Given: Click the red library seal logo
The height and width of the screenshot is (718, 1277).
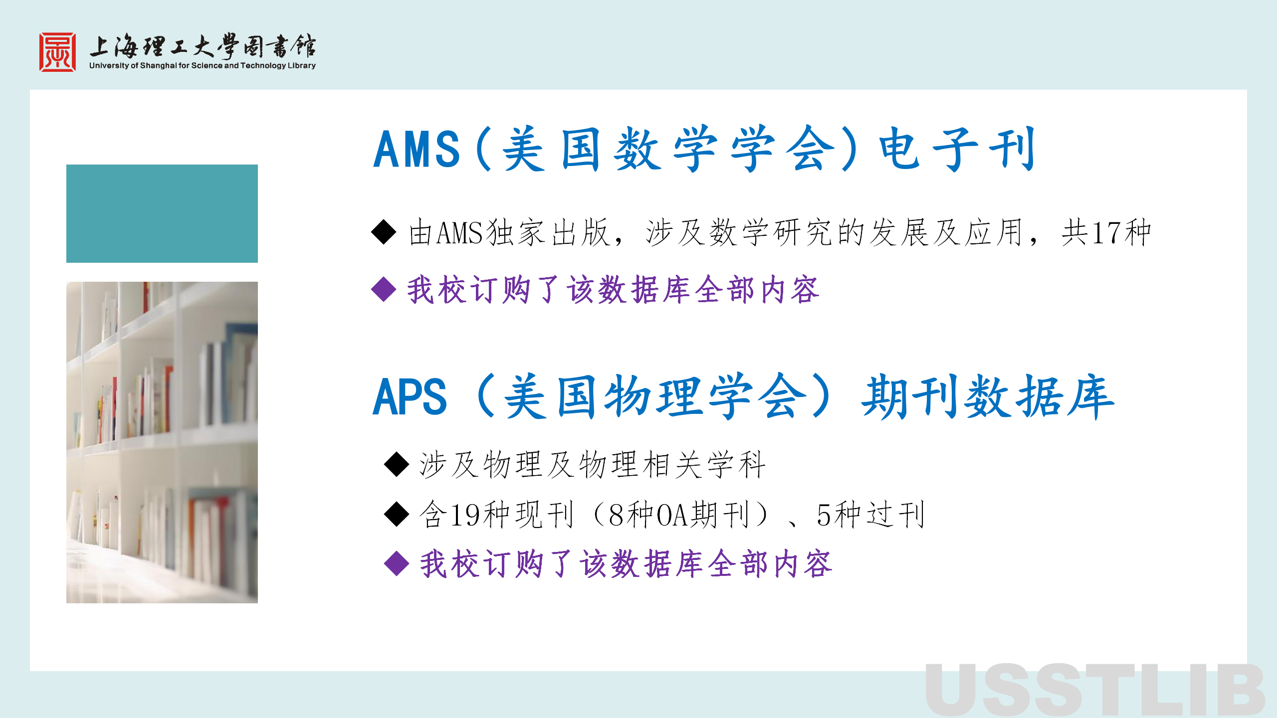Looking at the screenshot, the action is (58, 52).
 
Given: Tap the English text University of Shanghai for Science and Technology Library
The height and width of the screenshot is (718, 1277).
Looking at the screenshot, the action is (203, 65).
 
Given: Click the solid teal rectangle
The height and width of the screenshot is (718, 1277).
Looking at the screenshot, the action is (162, 213).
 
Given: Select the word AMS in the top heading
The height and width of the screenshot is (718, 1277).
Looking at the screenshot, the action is (417, 149).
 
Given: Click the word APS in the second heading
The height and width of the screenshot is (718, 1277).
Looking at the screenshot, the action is (410, 396).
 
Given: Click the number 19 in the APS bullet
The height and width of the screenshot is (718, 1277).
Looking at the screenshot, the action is (466, 515).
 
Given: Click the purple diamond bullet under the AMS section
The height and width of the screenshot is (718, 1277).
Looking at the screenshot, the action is (384, 289).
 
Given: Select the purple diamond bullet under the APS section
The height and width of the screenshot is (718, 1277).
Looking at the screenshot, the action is (397, 564).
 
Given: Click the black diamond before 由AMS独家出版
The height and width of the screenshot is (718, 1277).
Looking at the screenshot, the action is (384, 232).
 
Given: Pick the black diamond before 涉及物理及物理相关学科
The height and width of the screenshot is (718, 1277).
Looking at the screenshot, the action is (397, 464).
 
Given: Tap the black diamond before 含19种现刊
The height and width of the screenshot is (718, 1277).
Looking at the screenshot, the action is (397, 514).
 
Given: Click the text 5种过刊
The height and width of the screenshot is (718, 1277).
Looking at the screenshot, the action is (871, 515).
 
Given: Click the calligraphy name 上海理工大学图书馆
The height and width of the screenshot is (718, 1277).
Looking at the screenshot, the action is (203, 46).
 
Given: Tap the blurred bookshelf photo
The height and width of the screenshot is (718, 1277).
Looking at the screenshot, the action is (162, 442).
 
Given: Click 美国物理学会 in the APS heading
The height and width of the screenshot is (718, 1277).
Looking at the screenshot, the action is (656, 396).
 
